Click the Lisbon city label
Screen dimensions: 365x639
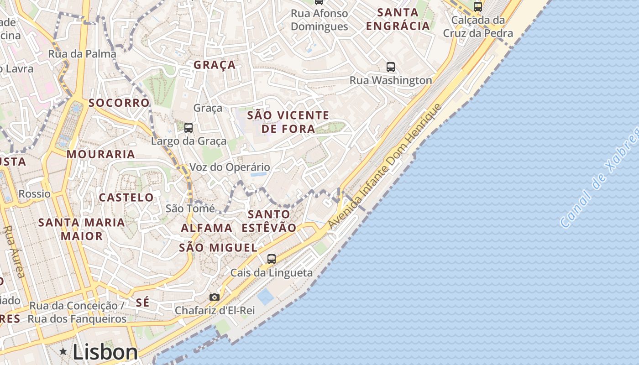click(x=105, y=352)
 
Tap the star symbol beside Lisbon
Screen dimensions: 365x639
click(x=63, y=351)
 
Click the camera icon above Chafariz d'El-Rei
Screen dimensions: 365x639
click(x=214, y=297)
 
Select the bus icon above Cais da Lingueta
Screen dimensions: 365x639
click(x=272, y=259)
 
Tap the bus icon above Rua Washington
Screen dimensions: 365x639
click(x=391, y=67)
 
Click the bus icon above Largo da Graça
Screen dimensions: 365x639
click(x=189, y=128)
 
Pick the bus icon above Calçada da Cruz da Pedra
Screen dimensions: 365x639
click(x=478, y=7)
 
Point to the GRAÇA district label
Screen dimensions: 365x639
click(x=215, y=65)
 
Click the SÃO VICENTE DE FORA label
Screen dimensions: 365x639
click(x=288, y=122)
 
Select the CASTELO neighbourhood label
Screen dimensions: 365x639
click(x=126, y=198)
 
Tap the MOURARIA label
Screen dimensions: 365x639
click(x=101, y=154)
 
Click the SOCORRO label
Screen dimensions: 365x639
click(x=119, y=103)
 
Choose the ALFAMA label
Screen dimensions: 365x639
click(x=207, y=228)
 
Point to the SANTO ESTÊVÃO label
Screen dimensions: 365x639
click(x=269, y=220)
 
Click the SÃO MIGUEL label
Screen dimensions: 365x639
click(x=218, y=248)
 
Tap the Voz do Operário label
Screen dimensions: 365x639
click(x=230, y=167)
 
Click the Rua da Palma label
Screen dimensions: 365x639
click(x=82, y=54)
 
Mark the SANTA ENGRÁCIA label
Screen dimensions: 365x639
click(x=398, y=19)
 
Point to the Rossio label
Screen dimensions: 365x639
click(x=35, y=194)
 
